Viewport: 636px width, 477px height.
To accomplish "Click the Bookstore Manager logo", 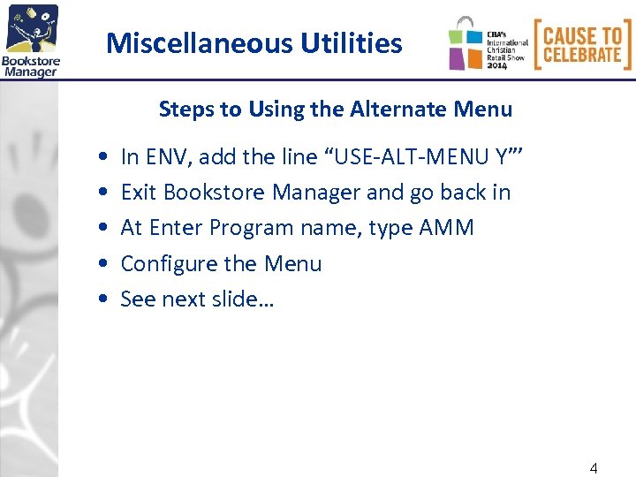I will pos(31,40).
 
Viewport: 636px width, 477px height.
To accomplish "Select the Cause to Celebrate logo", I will pos(582,44).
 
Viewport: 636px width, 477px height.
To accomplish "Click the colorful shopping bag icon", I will pos(466,44).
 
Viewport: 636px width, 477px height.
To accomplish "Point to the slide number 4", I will pos(594,468).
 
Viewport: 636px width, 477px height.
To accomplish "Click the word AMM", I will pos(447,228).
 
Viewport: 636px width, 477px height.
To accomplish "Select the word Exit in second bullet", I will pos(140,193).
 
